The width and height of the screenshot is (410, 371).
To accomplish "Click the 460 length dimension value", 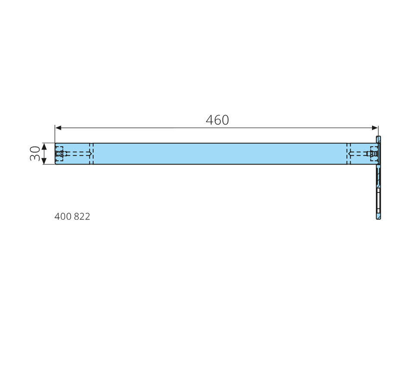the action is (x=217, y=120).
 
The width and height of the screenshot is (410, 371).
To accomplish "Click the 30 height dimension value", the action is (x=35, y=154).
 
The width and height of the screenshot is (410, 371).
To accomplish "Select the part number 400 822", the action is (x=72, y=217).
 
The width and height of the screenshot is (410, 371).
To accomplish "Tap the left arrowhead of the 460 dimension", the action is (x=58, y=128).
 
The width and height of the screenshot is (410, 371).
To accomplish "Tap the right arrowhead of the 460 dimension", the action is (x=375, y=128).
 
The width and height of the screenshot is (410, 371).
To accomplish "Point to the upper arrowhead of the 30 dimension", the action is (x=44, y=146).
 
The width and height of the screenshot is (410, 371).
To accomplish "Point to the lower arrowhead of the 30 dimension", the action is (x=44, y=161).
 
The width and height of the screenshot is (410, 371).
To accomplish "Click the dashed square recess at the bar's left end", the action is (x=60, y=154).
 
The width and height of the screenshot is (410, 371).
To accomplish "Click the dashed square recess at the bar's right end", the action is (x=374, y=154).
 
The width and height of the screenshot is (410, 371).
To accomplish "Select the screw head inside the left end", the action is (x=60, y=154).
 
